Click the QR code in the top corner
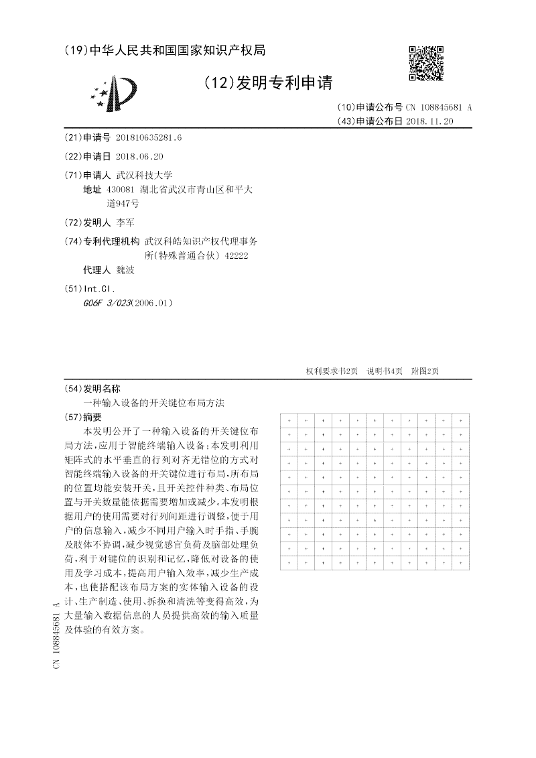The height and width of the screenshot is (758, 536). [425, 63]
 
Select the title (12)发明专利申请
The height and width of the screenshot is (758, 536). [267, 83]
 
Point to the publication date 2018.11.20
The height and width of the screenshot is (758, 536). [429, 121]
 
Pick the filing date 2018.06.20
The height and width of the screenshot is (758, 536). [139, 156]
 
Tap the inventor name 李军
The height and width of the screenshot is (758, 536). [125, 223]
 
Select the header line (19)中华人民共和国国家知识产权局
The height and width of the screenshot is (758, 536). [165, 51]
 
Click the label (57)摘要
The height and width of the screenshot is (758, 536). [86, 417]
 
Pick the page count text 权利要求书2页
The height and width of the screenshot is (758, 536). [332, 371]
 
